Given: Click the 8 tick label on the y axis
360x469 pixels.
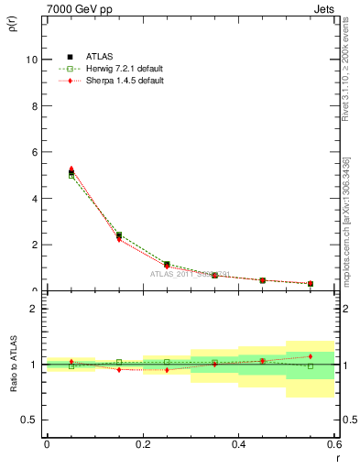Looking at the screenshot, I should (33, 106).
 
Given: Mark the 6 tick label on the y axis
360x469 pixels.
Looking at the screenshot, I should (33, 152).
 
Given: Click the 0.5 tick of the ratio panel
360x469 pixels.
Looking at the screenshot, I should (29, 420).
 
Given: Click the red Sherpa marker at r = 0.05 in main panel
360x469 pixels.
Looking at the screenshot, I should (71, 169).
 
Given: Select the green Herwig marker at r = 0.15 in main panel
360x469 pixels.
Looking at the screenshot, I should (119, 234).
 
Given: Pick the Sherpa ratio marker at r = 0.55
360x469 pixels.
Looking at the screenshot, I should (311, 356).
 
